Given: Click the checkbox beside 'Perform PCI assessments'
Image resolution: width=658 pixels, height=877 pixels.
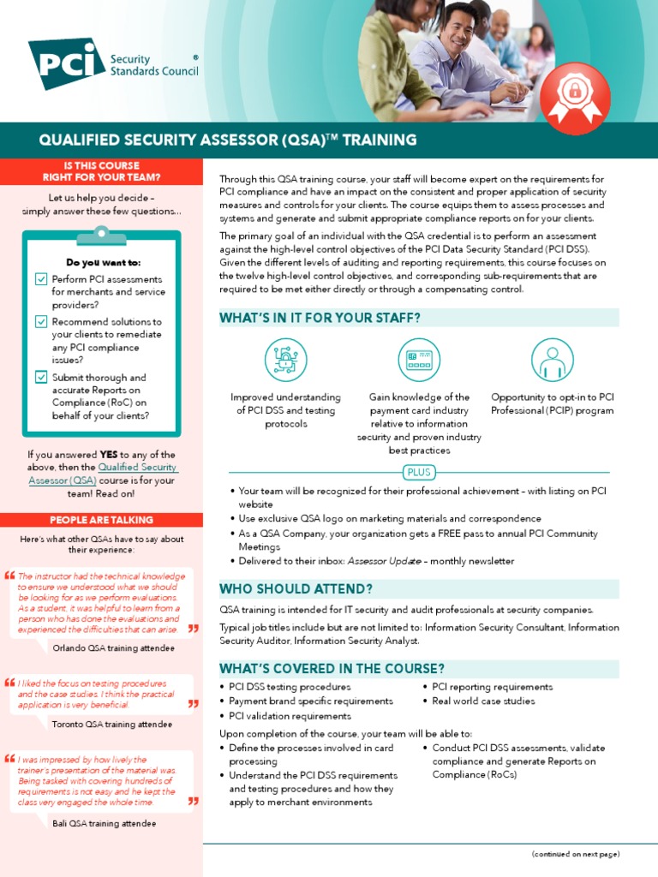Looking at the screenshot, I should click(41, 279).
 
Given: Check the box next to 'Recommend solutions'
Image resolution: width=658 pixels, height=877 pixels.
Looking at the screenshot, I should click(41, 322).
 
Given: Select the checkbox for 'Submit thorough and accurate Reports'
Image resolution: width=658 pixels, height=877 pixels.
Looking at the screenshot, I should click(41, 377).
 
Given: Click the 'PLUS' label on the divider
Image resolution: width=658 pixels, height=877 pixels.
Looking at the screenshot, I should click(420, 472).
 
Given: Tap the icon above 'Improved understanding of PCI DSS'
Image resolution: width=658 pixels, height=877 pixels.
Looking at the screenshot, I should click(285, 360).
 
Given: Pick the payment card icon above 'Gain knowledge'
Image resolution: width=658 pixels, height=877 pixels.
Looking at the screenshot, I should click(419, 360).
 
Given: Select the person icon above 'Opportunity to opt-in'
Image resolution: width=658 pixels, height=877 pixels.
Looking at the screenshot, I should click(553, 360).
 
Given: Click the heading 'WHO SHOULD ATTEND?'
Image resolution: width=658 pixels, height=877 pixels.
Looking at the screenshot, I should click(296, 589).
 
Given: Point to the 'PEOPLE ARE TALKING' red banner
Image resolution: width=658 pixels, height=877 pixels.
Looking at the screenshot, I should click(101, 520).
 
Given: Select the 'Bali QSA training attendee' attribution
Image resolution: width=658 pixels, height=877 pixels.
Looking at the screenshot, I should click(104, 824).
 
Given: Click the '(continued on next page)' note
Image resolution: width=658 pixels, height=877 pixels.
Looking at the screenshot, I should click(575, 854).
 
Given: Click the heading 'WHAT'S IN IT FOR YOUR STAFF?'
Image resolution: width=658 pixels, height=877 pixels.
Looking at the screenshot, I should click(320, 319).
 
